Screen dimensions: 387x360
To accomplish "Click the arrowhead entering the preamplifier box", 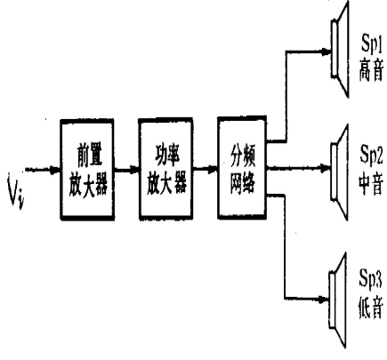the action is click(x=55, y=170).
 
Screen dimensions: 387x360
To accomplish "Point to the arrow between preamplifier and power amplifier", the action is click(x=126, y=171).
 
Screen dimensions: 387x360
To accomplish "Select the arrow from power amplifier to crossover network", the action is click(x=206, y=170).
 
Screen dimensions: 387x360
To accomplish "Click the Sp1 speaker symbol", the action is click(x=340, y=49).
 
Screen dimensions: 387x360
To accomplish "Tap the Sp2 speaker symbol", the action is click(x=339, y=172).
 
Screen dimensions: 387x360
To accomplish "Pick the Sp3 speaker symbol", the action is click(x=338, y=300).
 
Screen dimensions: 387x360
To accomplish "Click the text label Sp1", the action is click(x=371, y=44).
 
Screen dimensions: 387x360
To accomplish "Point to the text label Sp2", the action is click(x=371, y=155).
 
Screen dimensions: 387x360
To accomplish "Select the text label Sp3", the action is click(x=371, y=279).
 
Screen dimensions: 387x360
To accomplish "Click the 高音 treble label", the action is click(x=371, y=70).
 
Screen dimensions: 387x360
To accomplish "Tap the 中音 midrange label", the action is click(x=371, y=183).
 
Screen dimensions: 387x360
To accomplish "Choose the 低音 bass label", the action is click(x=371, y=308).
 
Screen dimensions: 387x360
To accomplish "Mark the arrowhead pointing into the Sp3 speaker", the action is click(x=324, y=299).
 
